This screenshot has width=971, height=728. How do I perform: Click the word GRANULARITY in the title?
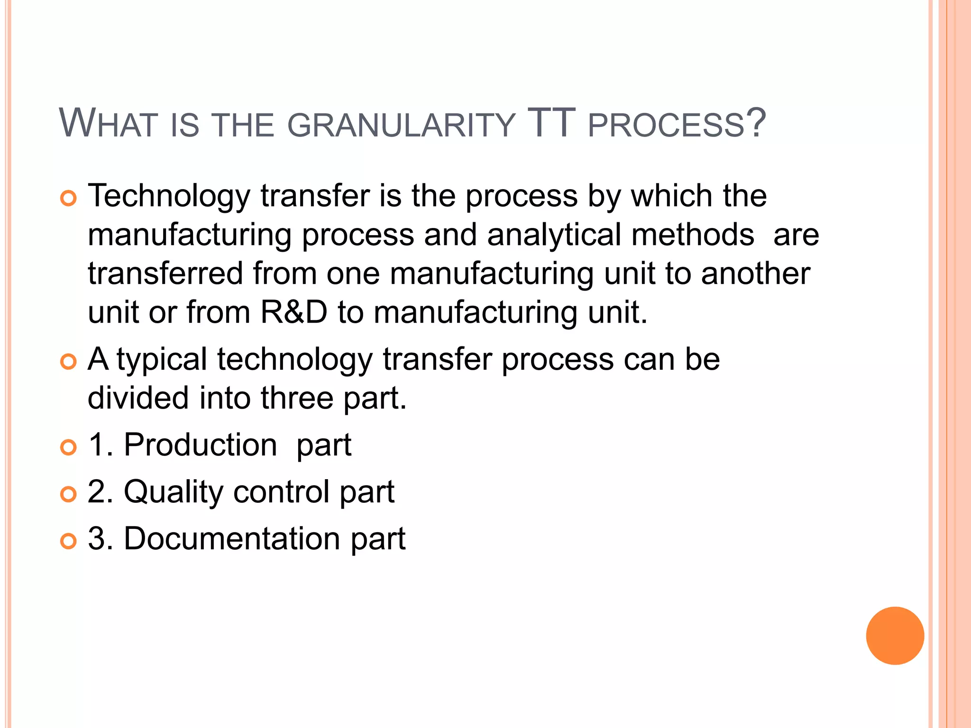[x=401, y=125]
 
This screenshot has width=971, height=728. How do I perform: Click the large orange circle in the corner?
[x=895, y=636]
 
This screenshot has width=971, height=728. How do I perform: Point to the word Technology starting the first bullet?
[x=169, y=196]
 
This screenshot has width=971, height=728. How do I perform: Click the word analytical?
[x=554, y=235]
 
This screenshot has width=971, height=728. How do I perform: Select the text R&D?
[x=294, y=312]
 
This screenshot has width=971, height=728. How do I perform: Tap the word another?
[x=756, y=274]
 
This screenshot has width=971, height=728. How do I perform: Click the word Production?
[x=201, y=445]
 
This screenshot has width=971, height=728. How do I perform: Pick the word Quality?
[x=173, y=492]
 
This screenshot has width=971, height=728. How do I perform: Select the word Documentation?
[x=232, y=539]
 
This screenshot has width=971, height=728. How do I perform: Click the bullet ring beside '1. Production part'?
[x=69, y=447]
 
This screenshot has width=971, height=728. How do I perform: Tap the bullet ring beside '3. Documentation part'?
[x=69, y=541]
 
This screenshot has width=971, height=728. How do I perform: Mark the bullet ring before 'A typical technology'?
[x=69, y=362]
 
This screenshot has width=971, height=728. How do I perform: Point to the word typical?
[x=162, y=360]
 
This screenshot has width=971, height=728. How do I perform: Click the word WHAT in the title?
[x=108, y=124]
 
